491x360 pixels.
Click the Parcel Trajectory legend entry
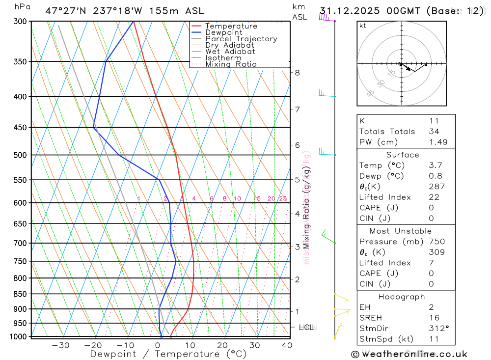click(x=241, y=39)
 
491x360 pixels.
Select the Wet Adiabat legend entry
click(x=230, y=52)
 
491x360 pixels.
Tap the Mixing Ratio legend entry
click(x=231, y=64)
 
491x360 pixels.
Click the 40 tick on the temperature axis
click(x=287, y=345)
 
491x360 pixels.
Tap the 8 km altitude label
click(x=298, y=73)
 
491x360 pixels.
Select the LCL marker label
click(x=306, y=327)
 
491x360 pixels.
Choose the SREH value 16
click(x=434, y=318)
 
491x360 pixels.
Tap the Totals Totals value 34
click(x=434, y=132)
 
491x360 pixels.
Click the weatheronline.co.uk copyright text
click(x=409, y=354)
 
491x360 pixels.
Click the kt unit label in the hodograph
click(x=363, y=26)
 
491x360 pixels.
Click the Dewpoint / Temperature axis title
click(x=168, y=354)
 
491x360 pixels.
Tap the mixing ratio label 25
click(x=283, y=198)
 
